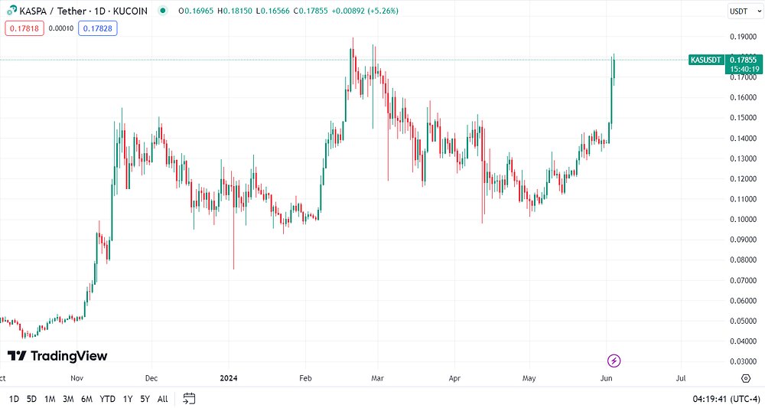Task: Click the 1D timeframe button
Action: (x=14, y=400)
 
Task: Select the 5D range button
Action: (x=31, y=400)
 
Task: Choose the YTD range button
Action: (x=107, y=400)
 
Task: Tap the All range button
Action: (x=162, y=400)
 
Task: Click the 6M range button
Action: (x=86, y=400)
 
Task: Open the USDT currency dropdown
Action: (x=745, y=11)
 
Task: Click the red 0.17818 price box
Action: (x=24, y=28)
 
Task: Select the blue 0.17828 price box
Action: (x=98, y=28)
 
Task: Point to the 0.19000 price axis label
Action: (x=743, y=37)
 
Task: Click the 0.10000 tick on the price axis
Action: (x=743, y=219)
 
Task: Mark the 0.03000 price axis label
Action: (x=743, y=361)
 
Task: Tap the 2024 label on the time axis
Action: (x=228, y=378)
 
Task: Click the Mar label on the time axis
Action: (x=377, y=378)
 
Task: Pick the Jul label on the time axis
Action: (x=681, y=378)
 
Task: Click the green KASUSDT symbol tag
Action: (x=706, y=60)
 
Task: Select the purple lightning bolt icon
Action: (x=614, y=361)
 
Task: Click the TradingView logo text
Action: (x=69, y=356)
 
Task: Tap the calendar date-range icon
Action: (x=189, y=399)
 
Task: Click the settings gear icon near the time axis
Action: (x=745, y=378)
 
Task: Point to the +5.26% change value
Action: (x=382, y=11)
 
